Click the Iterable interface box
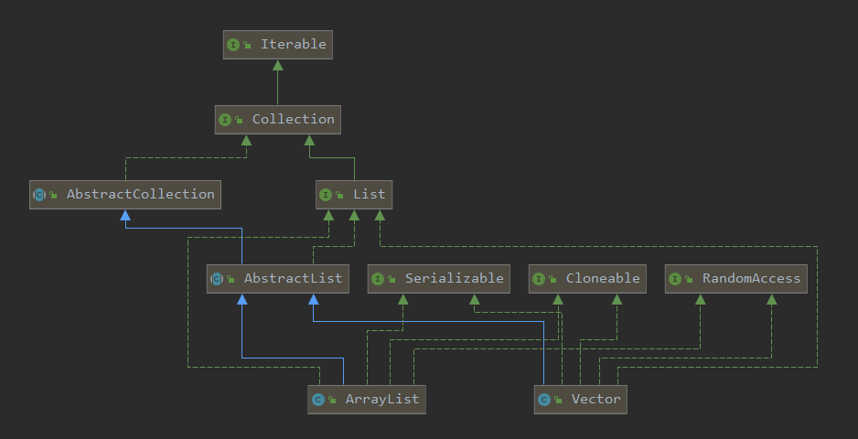coord(277,45)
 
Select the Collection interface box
coord(277,120)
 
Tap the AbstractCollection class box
coord(125,195)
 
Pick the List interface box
coord(354,195)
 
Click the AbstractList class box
coord(277,279)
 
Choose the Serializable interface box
coord(439,279)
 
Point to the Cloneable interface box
coord(587,279)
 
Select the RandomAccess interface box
coord(736,279)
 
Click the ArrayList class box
coord(367,400)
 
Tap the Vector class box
coord(581,400)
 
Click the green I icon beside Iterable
coord(233,45)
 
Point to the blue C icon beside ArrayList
coord(318,400)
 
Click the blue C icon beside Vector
coord(544,400)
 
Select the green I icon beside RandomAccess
coord(675,279)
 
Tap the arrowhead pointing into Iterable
coord(277,65)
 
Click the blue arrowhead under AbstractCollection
coord(125,215)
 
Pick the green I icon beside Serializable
coord(378,279)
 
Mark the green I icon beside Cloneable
coord(539,279)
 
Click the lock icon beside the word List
coord(339,195)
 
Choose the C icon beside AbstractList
coord(217,279)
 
